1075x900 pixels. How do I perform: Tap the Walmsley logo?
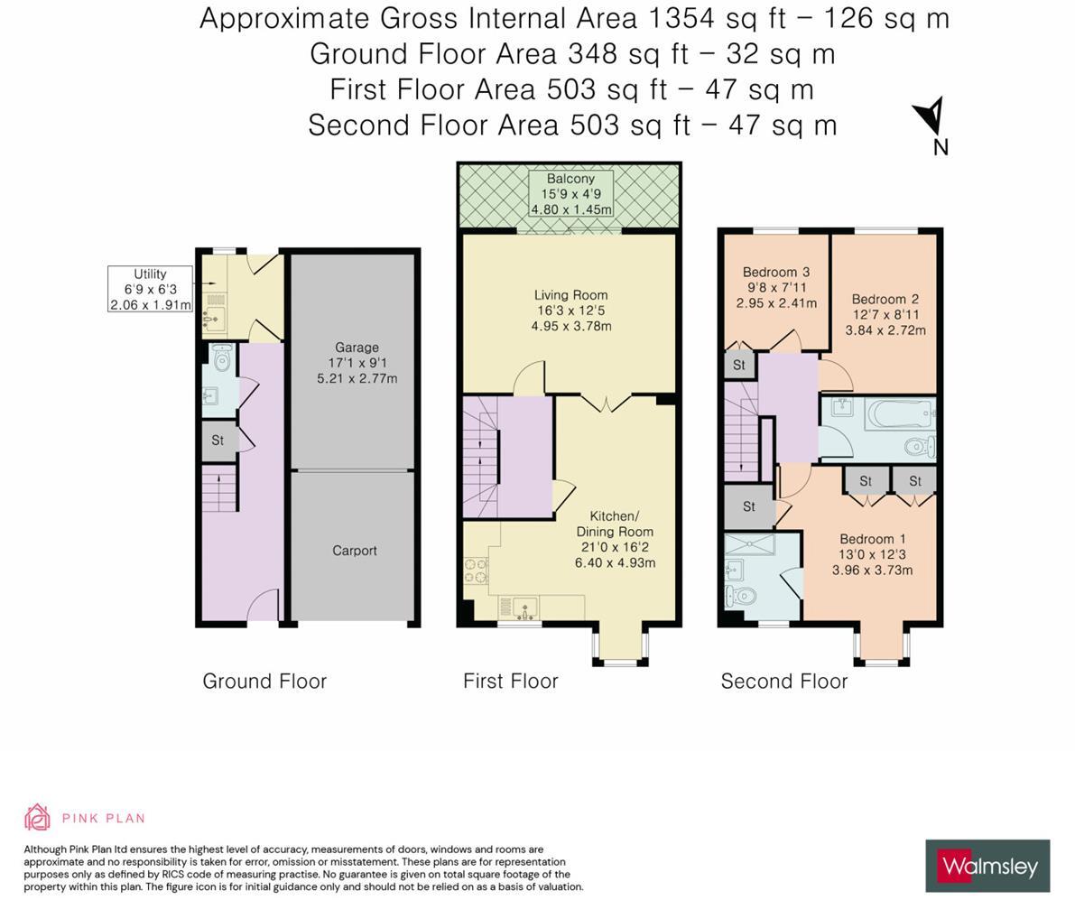tap(987, 866)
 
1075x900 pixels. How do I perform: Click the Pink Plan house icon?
tap(37, 817)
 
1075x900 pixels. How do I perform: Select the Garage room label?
tap(357, 363)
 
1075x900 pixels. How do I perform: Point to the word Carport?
tap(355, 551)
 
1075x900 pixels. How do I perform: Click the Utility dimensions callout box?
tap(150, 289)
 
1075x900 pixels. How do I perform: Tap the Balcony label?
tap(570, 194)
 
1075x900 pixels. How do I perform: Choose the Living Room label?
tap(571, 311)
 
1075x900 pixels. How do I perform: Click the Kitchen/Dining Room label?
tap(615, 540)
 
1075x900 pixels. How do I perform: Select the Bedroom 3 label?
tap(776, 287)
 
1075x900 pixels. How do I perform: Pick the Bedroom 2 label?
tap(885, 315)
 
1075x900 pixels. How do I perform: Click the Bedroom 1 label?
tap(872, 554)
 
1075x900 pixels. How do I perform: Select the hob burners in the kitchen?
tap(476, 571)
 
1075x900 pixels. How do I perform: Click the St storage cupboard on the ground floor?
tap(219, 440)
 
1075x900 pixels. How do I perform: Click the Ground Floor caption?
tap(264, 682)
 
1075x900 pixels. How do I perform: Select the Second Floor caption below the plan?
tap(784, 682)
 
